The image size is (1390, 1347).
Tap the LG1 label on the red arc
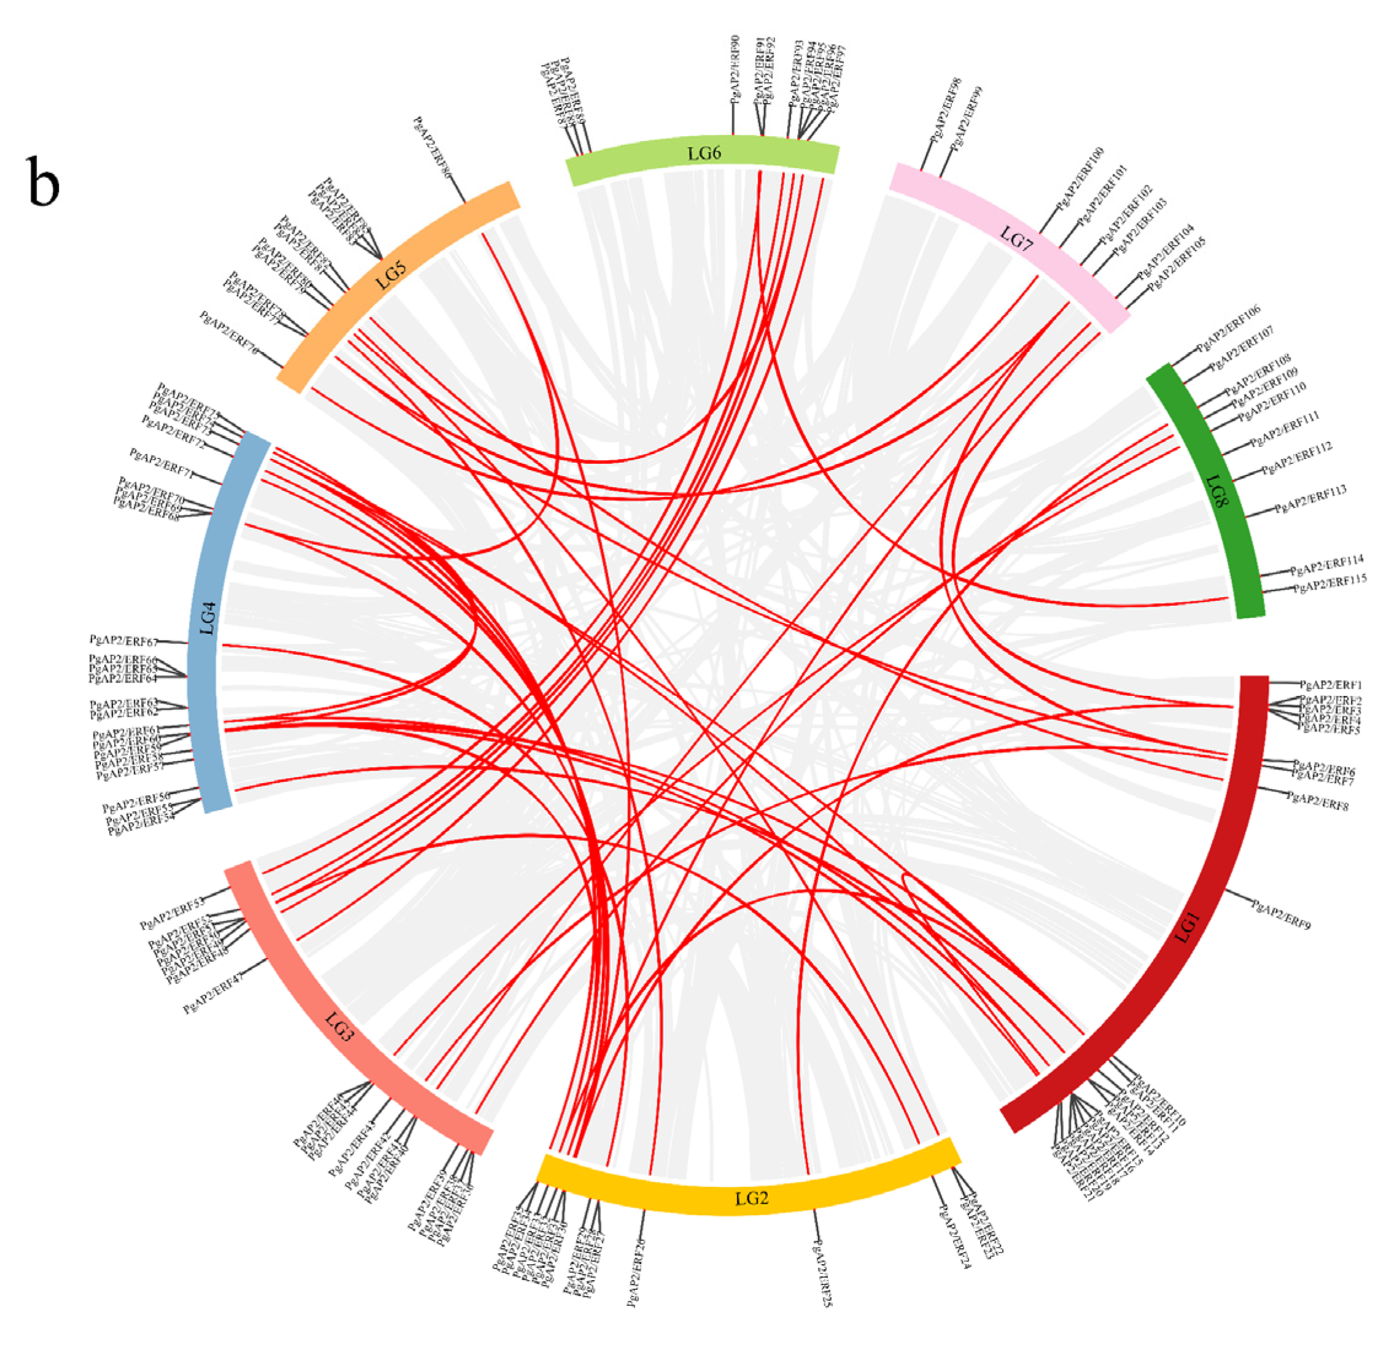click(x=1186, y=927)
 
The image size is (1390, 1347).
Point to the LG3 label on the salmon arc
click(x=339, y=1027)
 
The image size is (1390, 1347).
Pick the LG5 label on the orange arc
click(x=391, y=274)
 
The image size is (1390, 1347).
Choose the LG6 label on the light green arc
click(x=705, y=154)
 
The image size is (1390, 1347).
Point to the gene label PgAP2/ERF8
click(x=1318, y=801)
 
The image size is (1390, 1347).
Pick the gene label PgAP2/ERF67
click(x=123, y=641)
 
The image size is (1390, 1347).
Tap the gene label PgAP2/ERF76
click(x=229, y=333)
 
